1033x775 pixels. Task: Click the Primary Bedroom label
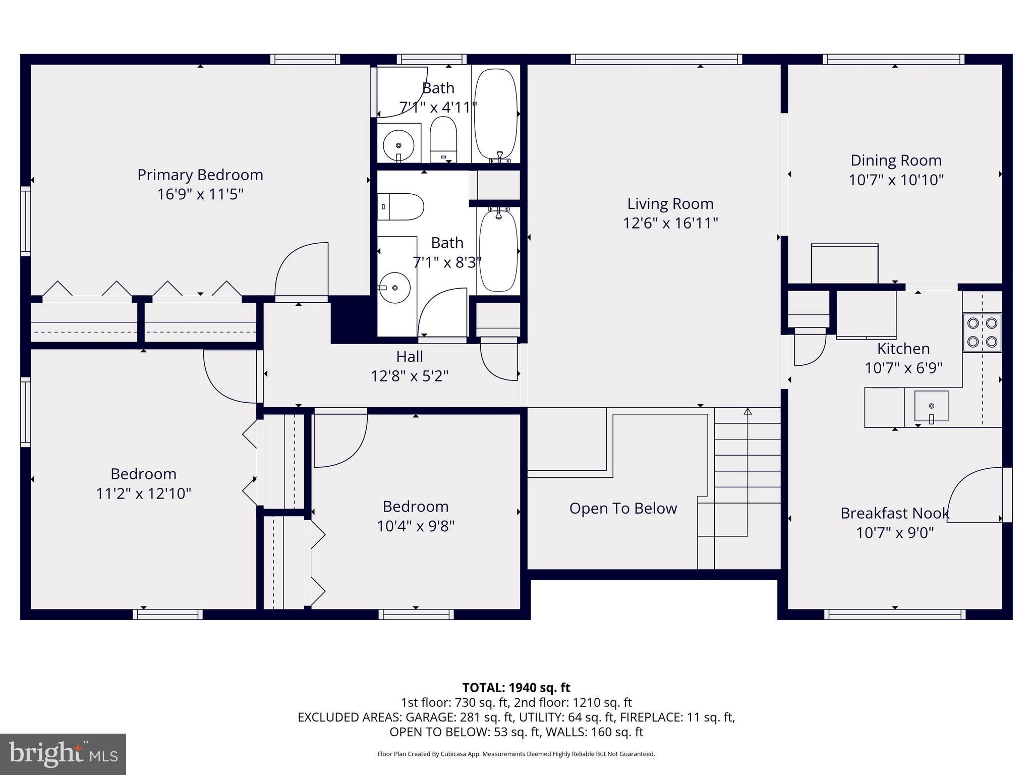click(x=200, y=175)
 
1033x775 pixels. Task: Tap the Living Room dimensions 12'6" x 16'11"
click(x=670, y=223)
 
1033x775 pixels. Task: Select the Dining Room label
click(x=896, y=160)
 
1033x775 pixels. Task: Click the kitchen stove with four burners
click(x=982, y=333)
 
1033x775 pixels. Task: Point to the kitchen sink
click(x=931, y=406)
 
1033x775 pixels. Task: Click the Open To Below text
click(x=623, y=509)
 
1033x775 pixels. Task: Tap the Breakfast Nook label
click(x=894, y=514)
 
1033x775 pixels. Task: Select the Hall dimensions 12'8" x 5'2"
click(x=409, y=376)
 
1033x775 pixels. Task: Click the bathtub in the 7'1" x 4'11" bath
click(x=496, y=115)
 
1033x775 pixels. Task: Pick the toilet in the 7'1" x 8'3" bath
click(x=401, y=207)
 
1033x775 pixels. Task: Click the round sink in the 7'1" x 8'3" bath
click(x=394, y=288)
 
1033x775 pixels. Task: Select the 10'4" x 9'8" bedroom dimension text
click(x=416, y=526)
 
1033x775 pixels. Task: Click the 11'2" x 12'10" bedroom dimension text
click(x=144, y=493)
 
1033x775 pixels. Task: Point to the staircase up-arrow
click(x=748, y=412)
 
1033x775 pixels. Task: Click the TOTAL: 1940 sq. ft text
click(x=516, y=688)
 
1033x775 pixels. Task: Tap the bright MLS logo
click(x=63, y=754)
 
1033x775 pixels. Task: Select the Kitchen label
click(x=903, y=349)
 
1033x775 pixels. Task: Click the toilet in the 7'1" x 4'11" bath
click(x=443, y=139)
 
